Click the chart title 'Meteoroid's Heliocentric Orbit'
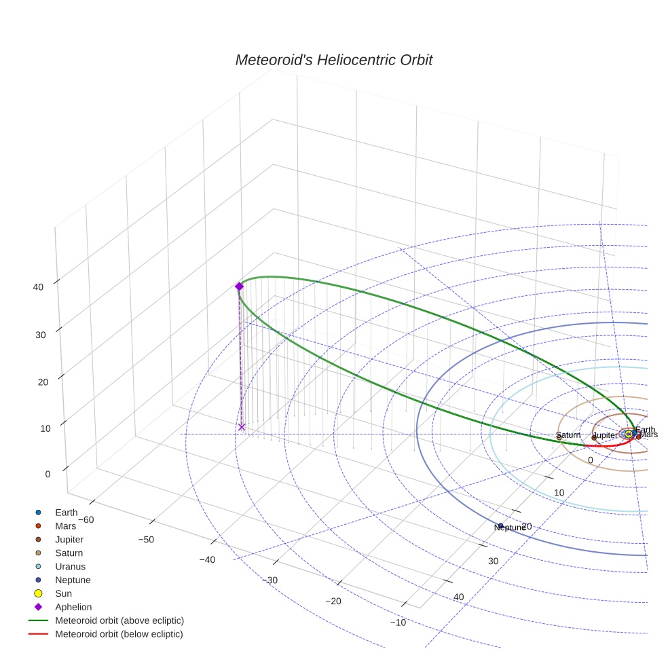(333, 60)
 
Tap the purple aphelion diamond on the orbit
(239, 286)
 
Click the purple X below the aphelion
(242, 427)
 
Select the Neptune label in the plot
(510, 527)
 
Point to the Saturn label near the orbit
(568, 435)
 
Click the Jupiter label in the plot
(605, 435)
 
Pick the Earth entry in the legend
(66, 513)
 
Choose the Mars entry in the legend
(65, 526)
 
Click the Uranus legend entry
(70, 566)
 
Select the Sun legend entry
(63, 593)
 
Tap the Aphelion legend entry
(73, 607)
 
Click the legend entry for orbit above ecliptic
(119, 620)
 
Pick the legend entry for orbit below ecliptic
(119, 634)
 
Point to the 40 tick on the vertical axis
(38, 286)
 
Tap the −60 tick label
(86, 519)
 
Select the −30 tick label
(270, 580)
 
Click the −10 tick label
(397, 623)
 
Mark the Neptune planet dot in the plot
(501, 525)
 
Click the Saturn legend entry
(70, 553)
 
